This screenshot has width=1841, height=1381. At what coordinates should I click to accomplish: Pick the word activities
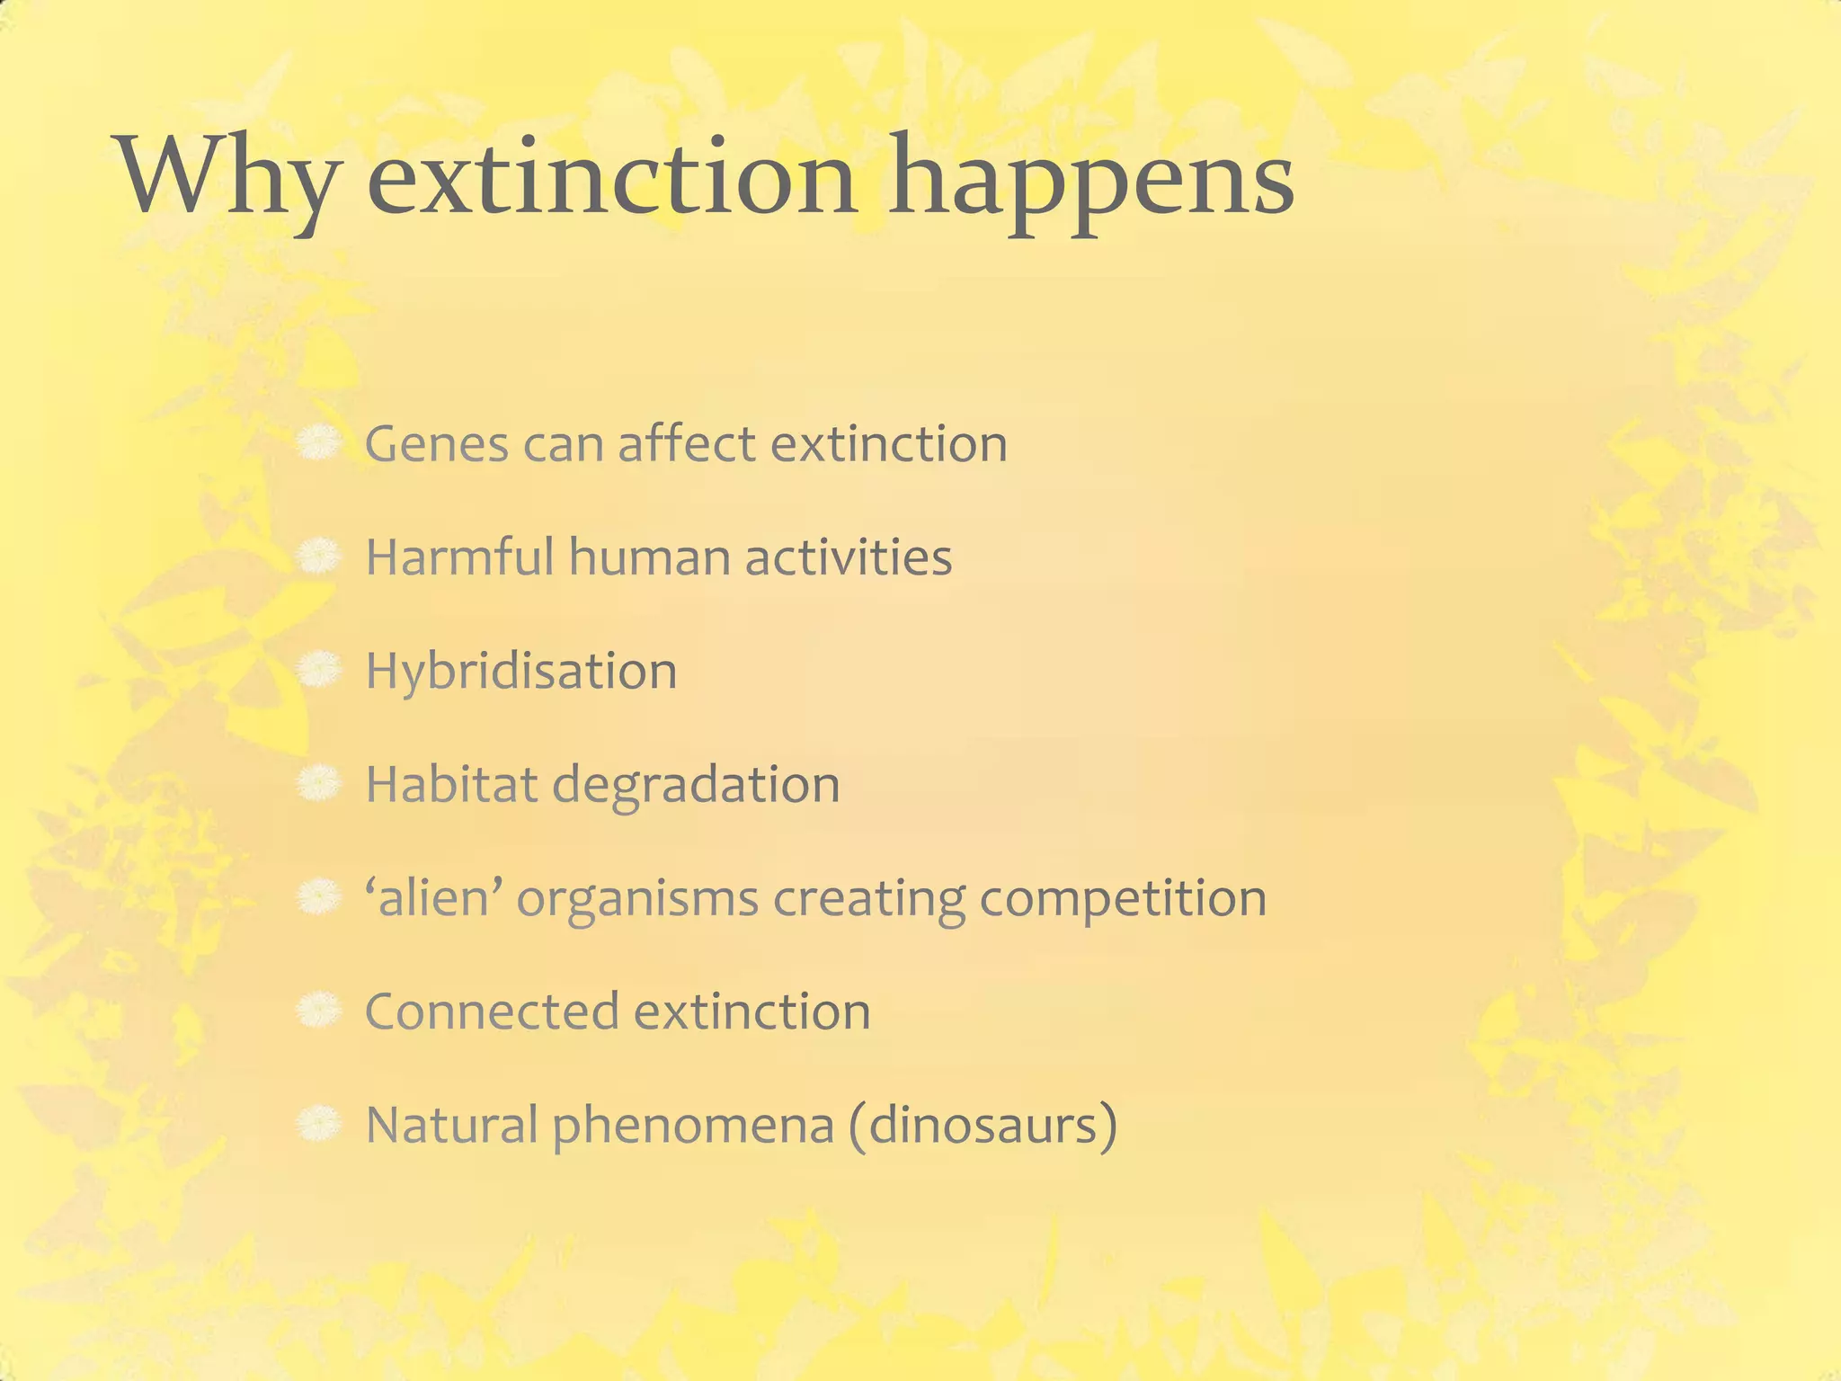click(848, 557)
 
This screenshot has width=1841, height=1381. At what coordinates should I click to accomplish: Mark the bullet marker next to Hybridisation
click(318, 670)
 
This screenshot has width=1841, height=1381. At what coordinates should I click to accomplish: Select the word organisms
click(637, 899)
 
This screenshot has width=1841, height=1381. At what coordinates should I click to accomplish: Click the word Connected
click(492, 1011)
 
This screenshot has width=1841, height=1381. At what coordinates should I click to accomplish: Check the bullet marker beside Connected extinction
click(318, 1011)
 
